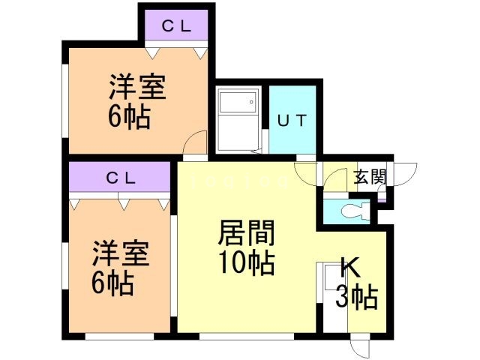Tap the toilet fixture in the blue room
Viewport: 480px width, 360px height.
352,211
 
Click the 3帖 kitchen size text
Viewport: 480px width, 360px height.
355,298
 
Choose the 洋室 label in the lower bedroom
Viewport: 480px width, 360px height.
120,253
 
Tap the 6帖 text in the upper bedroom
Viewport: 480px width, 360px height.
129,117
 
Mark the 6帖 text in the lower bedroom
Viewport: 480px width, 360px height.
115,283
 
